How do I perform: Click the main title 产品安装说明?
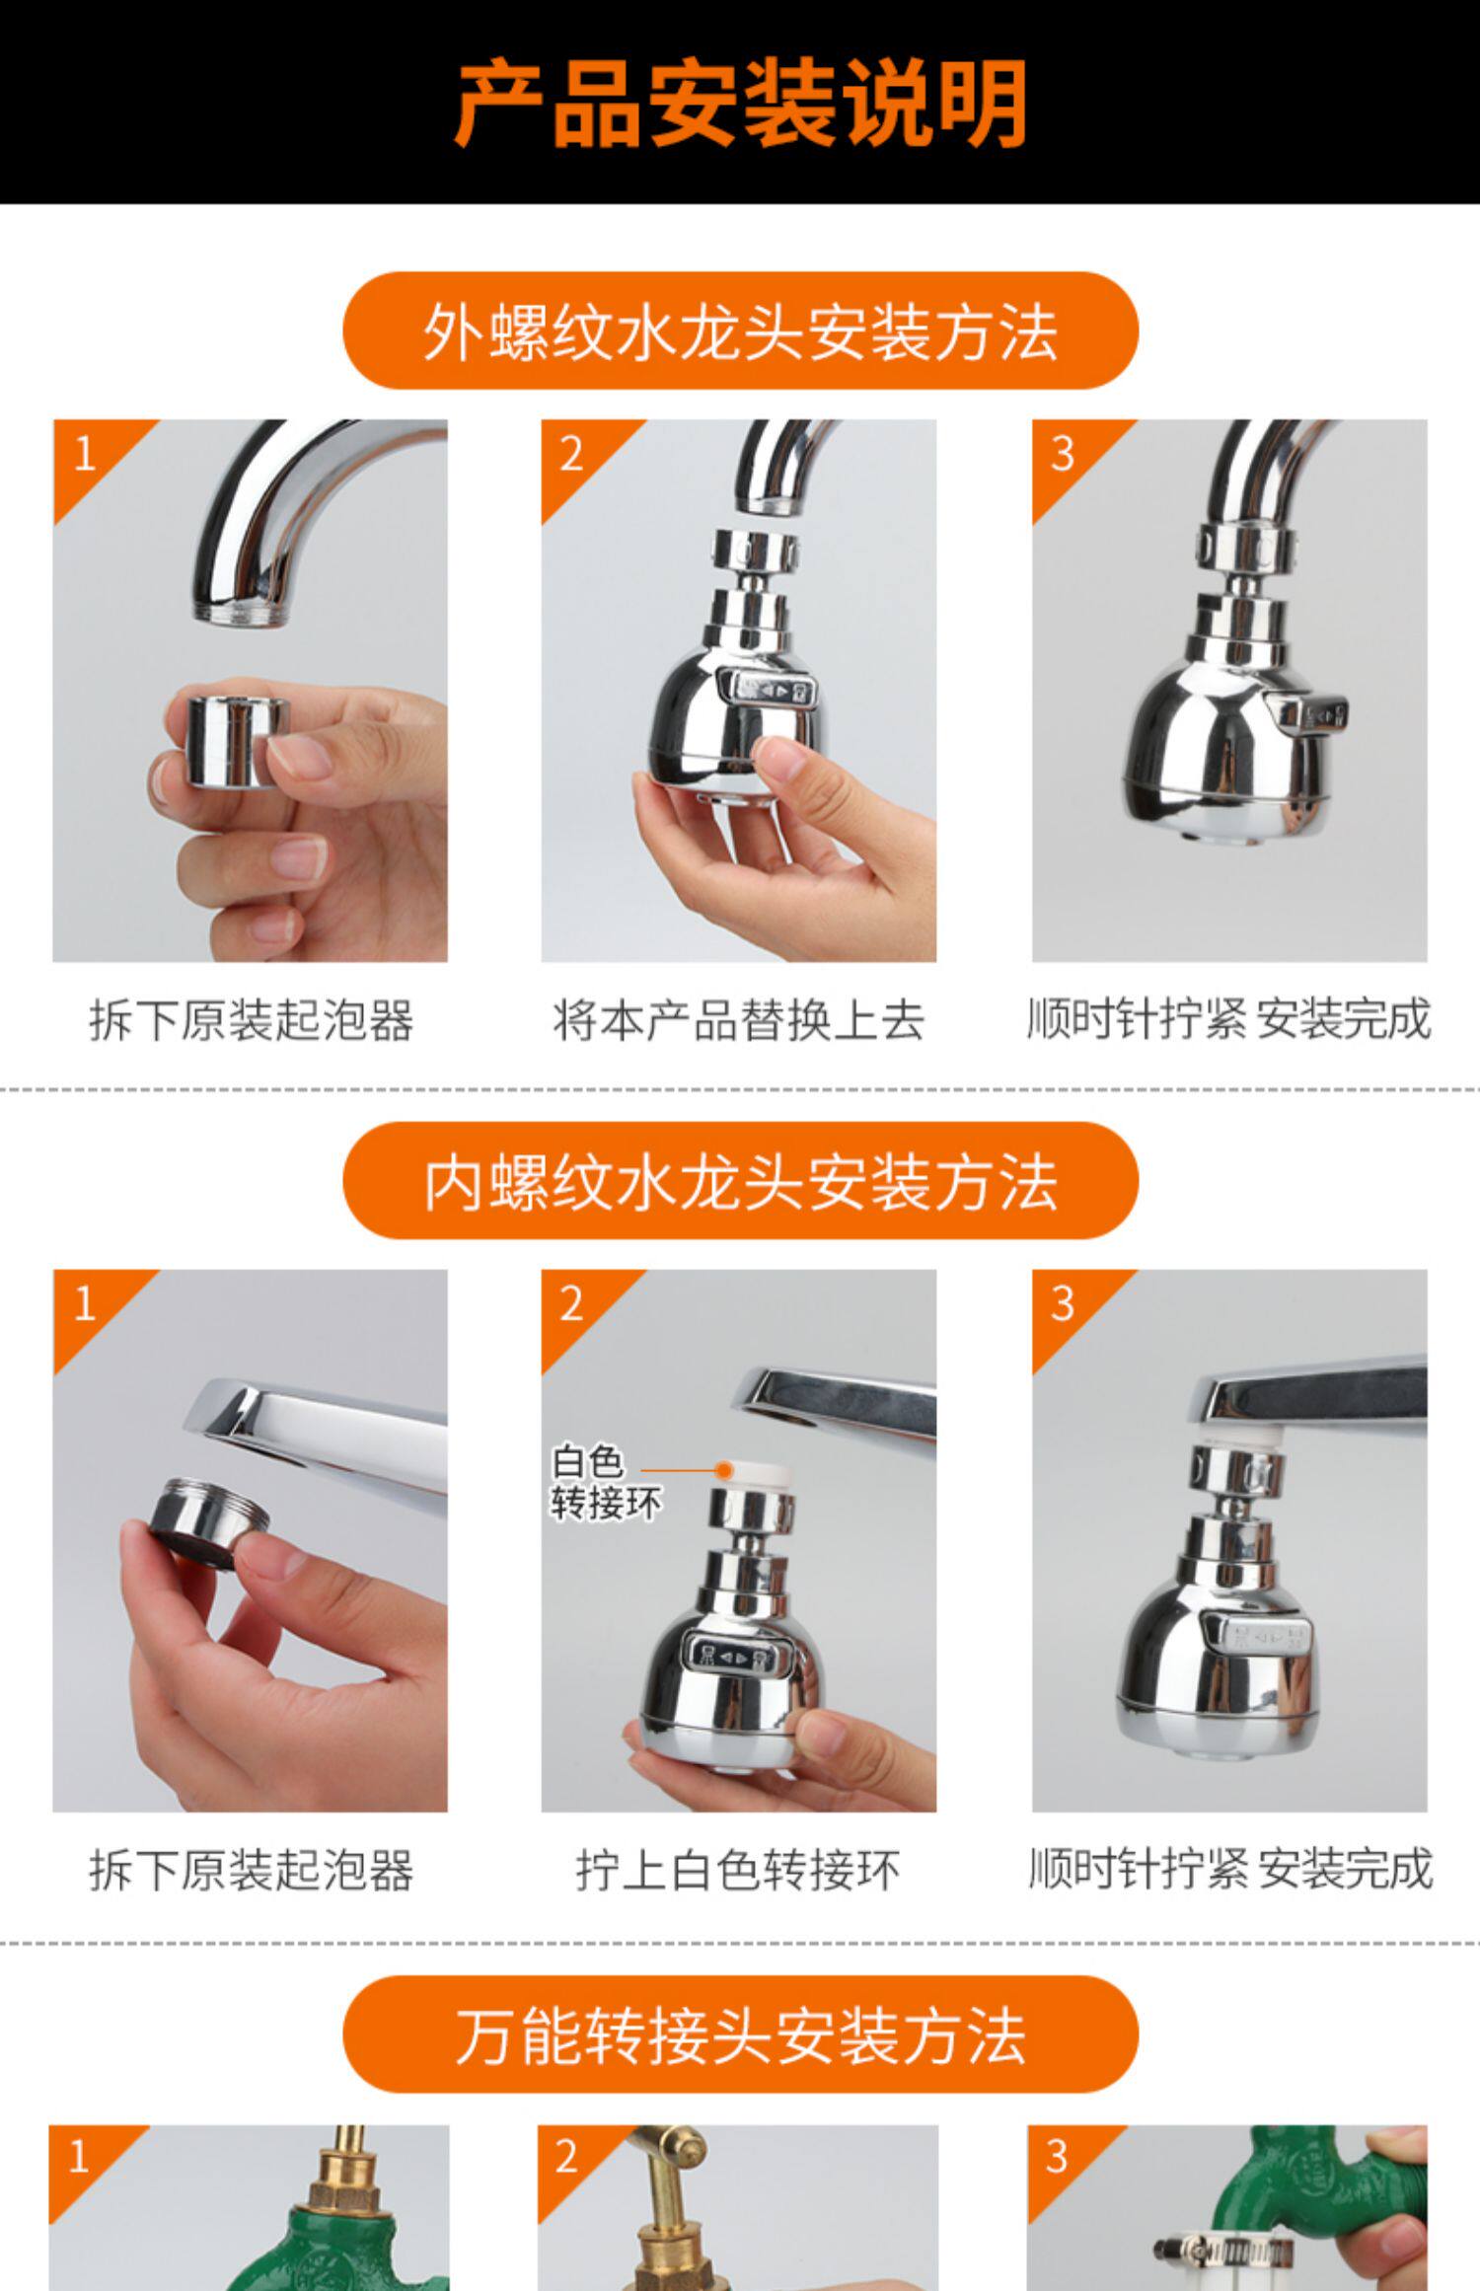tap(740, 104)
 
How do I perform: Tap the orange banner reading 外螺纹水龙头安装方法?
tap(740, 331)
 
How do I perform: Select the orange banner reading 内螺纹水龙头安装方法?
tap(740, 1180)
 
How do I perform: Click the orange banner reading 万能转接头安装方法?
tap(740, 2035)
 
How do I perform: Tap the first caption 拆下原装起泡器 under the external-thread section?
tap(251, 1020)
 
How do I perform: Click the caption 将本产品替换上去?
tap(738, 1020)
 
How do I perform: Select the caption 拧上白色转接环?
tap(738, 1871)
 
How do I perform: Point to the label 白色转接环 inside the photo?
tap(605, 1483)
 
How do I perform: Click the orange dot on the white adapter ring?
tap(724, 1470)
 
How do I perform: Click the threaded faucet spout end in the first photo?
tap(243, 608)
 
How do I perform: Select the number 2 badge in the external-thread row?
tap(571, 455)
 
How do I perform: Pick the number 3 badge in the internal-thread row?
tap(1062, 1304)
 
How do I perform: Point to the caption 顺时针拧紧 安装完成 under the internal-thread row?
tap(1229, 1871)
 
